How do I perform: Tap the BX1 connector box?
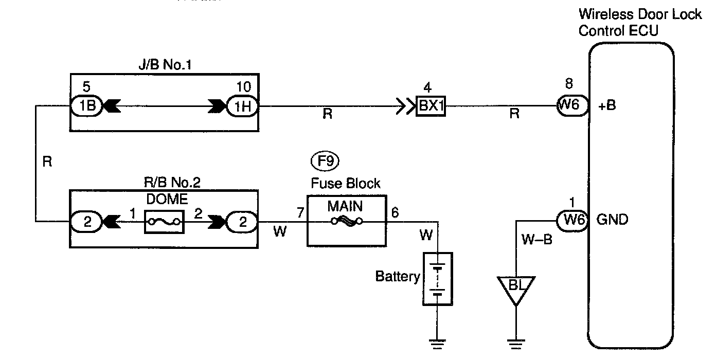click(x=431, y=108)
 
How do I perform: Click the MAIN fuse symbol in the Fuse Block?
click(x=346, y=222)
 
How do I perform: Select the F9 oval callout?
click(x=325, y=161)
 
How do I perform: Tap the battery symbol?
click(x=437, y=278)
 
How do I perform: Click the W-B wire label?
click(x=536, y=239)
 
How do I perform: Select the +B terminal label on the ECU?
click(x=608, y=106)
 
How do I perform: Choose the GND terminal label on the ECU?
click(x=612, y=220)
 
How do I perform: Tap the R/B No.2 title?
click(x=164, y=183)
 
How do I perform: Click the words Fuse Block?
click(x=346, y=183)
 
